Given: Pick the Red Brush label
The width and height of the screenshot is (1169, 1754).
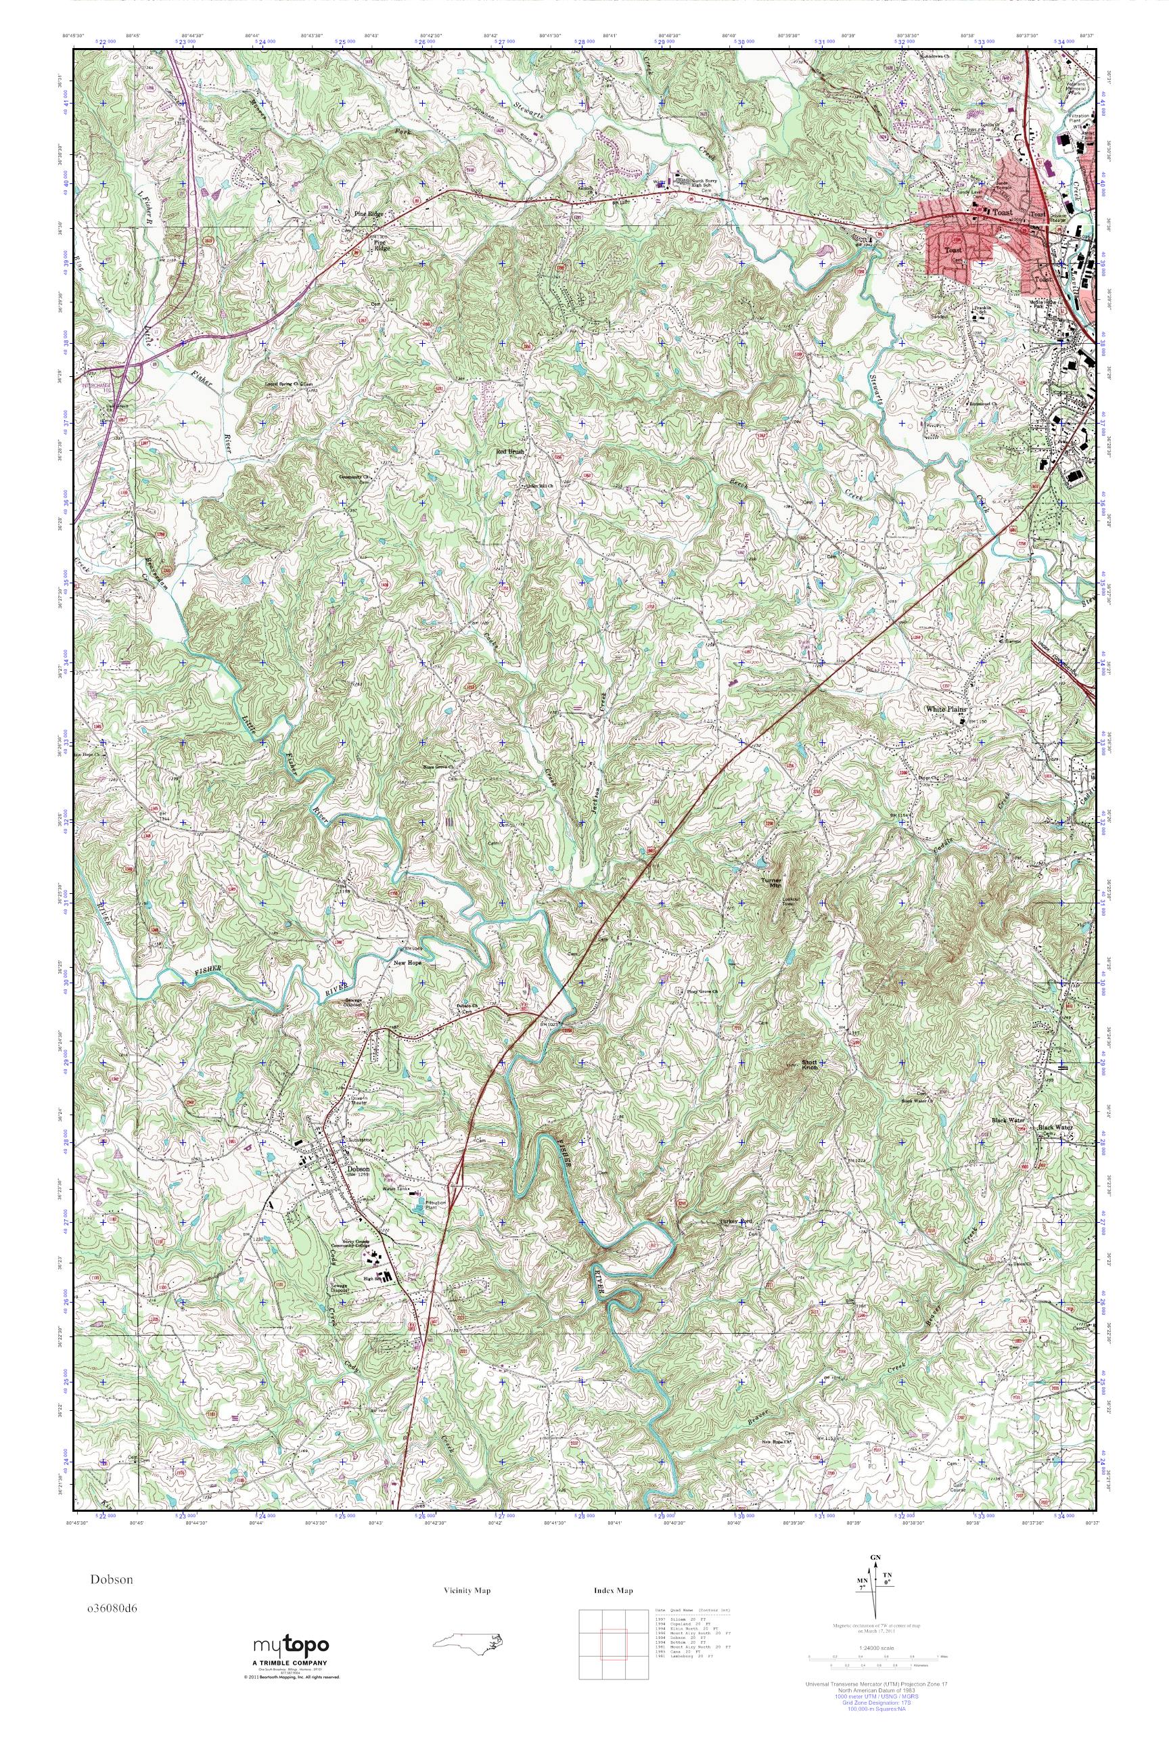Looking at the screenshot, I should (512, 452).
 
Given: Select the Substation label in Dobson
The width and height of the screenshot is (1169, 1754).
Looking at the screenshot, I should (360, 1141).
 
